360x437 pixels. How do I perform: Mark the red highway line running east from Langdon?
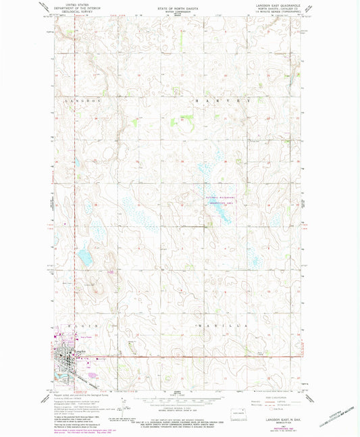click(203, 358)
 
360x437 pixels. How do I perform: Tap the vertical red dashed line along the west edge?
click(53, 203)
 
